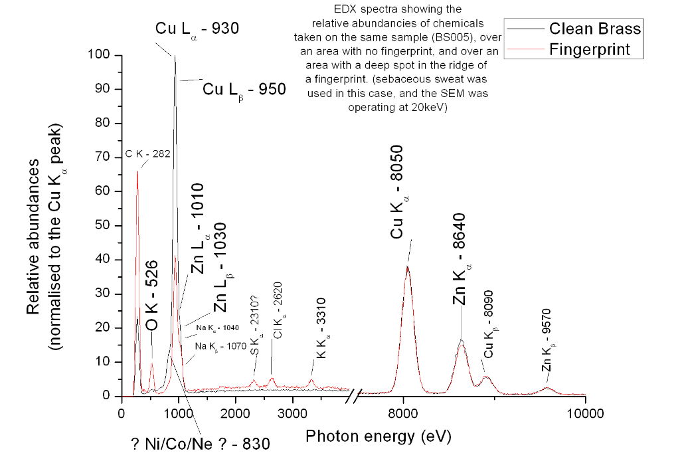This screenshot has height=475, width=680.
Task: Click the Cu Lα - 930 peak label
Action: click(197, 29)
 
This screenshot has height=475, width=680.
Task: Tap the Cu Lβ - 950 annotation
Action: click(244, 88)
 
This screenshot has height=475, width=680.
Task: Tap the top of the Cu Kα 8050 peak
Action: click(407, 266)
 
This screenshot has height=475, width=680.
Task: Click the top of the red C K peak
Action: click(137, 171)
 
